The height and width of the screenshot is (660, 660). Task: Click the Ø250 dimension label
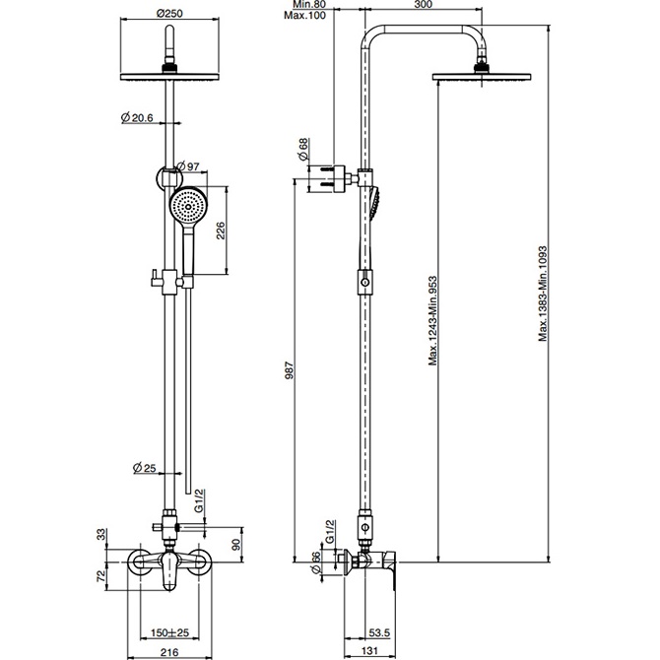point(169,14)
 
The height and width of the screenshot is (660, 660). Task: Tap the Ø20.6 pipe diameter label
point(137,118)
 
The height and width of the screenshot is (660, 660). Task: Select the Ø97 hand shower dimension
point(188,166)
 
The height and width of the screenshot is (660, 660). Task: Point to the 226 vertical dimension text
point(221,231)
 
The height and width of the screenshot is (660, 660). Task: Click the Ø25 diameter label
point(145,467)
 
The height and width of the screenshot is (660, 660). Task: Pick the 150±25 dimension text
point(170,632)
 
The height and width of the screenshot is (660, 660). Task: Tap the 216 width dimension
point(169,652)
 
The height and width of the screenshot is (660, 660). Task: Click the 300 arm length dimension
point(423,5)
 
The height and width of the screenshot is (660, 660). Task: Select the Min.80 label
point(309,5)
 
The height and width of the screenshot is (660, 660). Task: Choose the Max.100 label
point(304,16)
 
